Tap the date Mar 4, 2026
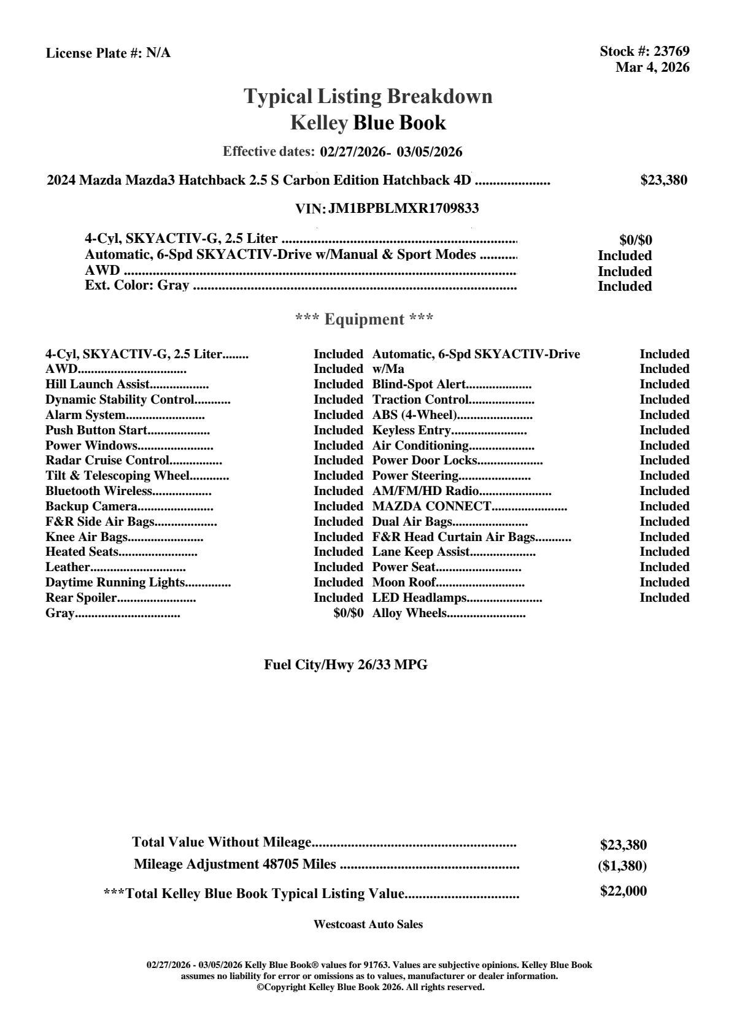pyautogui.click(x=652, y=67)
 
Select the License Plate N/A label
pyautogui.click(x=108, y=53)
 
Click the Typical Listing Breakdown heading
pyautogui.click(x=368, y=96)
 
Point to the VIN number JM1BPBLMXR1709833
pyautogui.click(x=403, y=209)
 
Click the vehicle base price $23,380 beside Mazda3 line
pyautogui.click(x=663, y=180)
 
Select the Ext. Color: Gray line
pyautogui.click(x=137, y=285)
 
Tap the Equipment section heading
pyautogui.click(x=365, y=320)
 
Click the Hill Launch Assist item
pyautogui.click(x=98, y=385)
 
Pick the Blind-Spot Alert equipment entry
pyautogui.click(x=419, y=385)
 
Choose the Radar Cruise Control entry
pyautogui.click(x=107, y=461)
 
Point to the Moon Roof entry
pyautogui.click(x=404, y=583)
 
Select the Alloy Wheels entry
pyautogui.click(x=409, y=613)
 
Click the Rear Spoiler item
pyautogui.click(x=81, y=598)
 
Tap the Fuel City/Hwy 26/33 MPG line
pyautogui.click(x=345, y=665)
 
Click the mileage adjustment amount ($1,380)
pyautogui.click(x=622, y=866)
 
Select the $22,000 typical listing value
pyautogui.click(x=623, y=891)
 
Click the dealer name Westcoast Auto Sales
pyautogui.click(x=368, y=924)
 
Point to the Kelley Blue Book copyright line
pyautogui.click(x=370, y=988)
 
